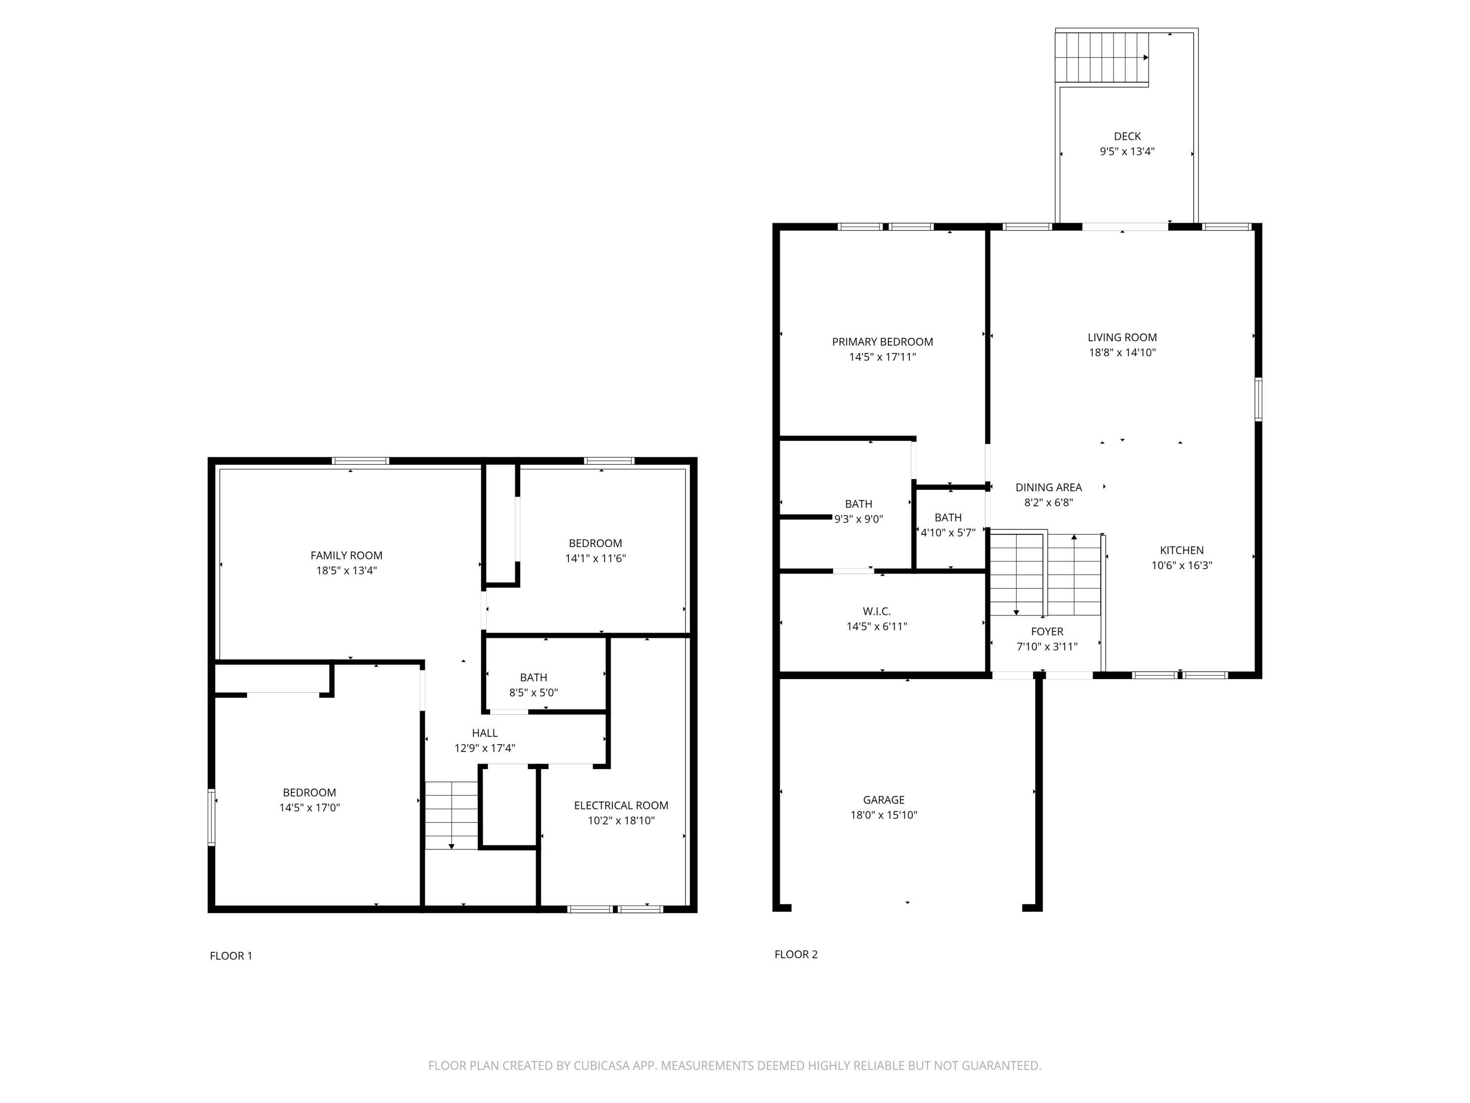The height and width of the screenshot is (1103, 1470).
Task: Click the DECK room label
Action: point(1127,136)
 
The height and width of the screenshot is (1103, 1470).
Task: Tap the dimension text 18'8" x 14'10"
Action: point(1122,352)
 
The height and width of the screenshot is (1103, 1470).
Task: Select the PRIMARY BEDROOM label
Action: point(882,342)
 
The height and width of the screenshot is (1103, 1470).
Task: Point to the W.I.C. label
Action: point(877,611)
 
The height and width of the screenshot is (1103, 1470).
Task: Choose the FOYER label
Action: point(1047,631)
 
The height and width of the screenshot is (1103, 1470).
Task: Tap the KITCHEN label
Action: point(1181,550)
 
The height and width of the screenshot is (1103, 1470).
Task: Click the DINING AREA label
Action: point(1048,487)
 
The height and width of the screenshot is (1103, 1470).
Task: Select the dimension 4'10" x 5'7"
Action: point(948,532)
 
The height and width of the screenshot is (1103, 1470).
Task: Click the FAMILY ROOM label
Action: point(346,555)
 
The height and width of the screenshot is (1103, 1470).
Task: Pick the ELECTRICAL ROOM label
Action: point(621,805)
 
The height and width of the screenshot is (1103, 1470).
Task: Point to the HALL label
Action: point(485,733)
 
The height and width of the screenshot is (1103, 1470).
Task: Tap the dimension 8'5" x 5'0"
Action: point(533,692)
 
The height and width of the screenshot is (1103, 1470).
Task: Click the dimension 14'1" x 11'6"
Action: point(595,558)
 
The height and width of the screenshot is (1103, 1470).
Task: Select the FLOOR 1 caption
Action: point(231,955)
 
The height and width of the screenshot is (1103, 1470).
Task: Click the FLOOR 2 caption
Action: point(795,954)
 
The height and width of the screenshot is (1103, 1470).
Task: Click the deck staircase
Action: point(1101,57)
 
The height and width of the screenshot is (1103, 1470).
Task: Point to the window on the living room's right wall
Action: point(1258,399)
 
